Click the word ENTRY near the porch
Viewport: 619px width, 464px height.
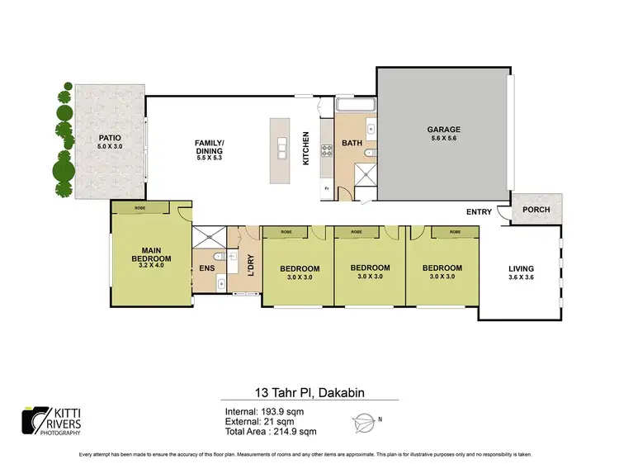479,212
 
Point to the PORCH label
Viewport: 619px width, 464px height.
536,210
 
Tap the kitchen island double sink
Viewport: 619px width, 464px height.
282,149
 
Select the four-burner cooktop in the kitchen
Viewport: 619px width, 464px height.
326,149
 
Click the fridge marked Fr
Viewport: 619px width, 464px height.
327,189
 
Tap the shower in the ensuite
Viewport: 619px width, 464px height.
208,235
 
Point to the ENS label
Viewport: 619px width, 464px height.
206,268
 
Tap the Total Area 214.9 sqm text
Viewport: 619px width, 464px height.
270,432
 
